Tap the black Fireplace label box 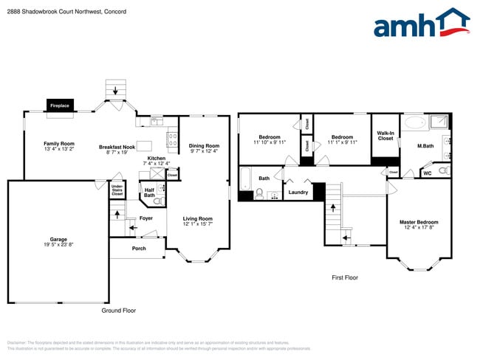60,106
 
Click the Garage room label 58,240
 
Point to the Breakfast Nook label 117,148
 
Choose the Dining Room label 204,146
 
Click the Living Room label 198,218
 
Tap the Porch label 138,248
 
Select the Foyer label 145,218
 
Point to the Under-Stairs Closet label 117,190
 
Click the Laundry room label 298,193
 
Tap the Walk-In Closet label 385,136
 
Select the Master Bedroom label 419,222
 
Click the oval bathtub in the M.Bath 414,122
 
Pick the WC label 428,173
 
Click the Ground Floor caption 118,311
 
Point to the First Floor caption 344,277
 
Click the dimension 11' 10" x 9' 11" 269,142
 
